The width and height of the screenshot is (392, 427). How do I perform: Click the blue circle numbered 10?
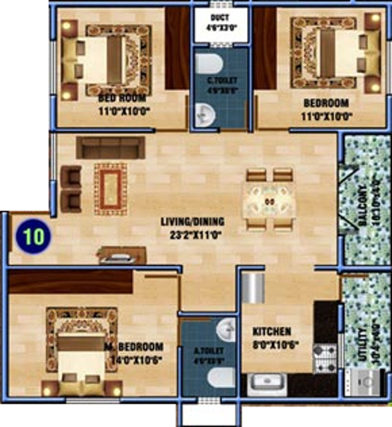point(33,236)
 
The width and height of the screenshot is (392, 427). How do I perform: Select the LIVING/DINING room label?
point(192,222)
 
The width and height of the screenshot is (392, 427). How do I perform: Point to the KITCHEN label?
point(272,331)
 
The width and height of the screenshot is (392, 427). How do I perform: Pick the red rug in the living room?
point(110,189)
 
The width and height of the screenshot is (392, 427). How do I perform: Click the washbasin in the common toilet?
point(207,115)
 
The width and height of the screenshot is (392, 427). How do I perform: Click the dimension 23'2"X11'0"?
point(192,234)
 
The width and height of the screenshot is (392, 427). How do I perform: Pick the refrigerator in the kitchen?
point(253,287)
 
